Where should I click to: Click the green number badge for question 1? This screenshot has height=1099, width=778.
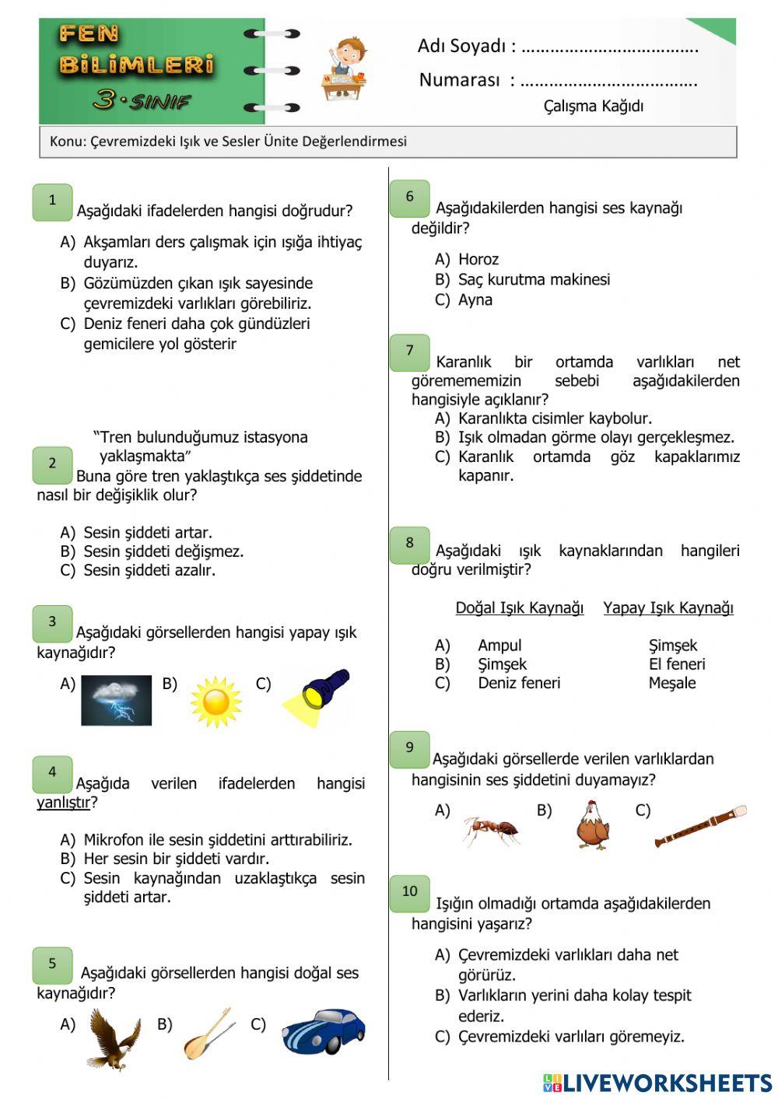click(52, 201)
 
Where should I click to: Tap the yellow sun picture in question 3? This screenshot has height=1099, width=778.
click(216, 702)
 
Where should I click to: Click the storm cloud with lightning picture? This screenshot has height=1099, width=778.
click(116, 700)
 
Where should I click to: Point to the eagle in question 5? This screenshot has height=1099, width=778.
click(114, 1038)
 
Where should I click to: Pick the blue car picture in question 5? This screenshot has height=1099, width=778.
click(323, 1031)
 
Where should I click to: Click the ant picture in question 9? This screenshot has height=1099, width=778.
click(492, 831)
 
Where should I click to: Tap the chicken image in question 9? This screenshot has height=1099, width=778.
click(593, 825)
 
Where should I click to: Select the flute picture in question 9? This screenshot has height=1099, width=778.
click(700, 826)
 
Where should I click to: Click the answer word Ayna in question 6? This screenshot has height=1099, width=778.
click(475, 300)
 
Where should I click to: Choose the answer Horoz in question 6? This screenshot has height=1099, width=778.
click(478, 260)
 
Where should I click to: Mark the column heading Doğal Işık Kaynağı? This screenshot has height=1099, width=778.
click(519, 608)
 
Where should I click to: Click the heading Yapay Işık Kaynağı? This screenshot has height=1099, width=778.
click(668, 608)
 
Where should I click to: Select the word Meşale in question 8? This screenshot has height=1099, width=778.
click(672, 684)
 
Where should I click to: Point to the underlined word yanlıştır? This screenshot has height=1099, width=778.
click(63, 803)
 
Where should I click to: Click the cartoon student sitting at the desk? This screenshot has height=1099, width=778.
click(344, 68)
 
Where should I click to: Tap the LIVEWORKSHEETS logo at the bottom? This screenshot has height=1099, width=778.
click(657, 1083)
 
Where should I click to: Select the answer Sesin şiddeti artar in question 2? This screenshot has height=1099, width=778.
click(147, 533)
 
